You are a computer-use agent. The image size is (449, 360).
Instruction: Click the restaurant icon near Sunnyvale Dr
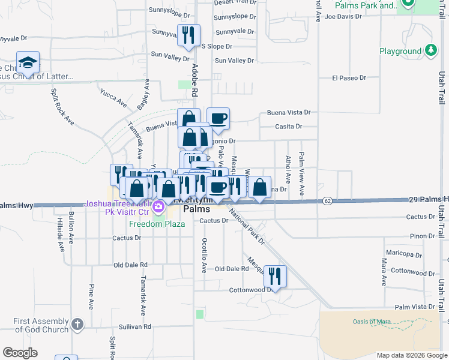pos(189,37)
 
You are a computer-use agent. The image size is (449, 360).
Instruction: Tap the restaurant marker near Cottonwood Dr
pos(275,276)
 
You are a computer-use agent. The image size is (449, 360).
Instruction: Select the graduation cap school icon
pos(28,62)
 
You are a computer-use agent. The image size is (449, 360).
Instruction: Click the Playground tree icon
pos(430,51)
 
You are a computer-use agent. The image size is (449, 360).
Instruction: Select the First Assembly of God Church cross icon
pos(77,325)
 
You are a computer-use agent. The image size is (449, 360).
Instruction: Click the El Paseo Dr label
pos(349,78)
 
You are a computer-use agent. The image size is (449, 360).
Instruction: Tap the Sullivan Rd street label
pos(134,327)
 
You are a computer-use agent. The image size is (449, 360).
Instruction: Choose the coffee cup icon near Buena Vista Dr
pos(218,118)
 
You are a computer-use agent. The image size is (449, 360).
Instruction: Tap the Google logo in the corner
pos(20,353)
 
